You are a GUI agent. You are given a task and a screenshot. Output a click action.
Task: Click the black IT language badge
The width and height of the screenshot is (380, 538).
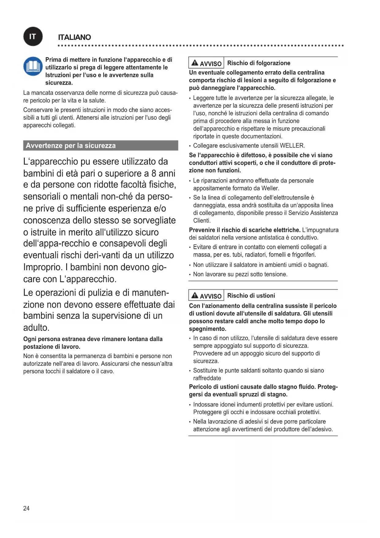coord(33,37)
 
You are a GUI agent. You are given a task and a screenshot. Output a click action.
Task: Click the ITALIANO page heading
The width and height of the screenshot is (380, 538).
coord(74,37)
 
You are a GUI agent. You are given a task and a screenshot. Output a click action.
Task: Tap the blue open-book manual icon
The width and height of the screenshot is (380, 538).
coord(33,66)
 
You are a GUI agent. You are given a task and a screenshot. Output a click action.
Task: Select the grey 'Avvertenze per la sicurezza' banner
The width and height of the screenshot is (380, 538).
coord(100,145)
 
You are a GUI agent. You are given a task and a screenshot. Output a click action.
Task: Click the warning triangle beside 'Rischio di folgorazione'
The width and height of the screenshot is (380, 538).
coord(195,63)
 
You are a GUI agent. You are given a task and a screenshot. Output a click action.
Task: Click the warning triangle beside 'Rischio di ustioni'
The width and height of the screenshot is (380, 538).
coord(195,295)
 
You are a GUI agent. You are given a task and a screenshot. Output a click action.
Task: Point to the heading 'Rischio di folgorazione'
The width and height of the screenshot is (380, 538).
coord(258,63)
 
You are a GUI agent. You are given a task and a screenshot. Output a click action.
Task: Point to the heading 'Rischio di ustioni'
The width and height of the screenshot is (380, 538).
coord(251,295)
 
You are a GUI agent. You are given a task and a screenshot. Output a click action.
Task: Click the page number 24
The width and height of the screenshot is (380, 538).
coord(26,508)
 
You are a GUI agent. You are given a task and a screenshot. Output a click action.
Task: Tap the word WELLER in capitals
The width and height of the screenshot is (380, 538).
coord(292,145)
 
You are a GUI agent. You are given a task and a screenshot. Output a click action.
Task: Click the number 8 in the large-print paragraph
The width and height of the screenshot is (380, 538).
coord(154,173)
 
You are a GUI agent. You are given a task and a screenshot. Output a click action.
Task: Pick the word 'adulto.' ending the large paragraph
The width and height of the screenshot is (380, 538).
coord(36,328)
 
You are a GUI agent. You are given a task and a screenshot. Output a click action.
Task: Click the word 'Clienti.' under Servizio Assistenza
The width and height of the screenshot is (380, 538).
coord(202,221)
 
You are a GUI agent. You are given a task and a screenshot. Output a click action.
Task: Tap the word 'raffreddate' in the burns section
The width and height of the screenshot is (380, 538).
coord(207,378)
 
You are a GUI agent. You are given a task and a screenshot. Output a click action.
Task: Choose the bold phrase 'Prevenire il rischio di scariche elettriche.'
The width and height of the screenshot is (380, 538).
coord(245,230)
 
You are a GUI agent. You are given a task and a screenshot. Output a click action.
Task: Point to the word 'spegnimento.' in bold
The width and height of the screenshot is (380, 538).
coord(207,329)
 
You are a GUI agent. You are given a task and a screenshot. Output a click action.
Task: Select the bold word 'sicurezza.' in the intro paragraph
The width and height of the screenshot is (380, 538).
coord(59,83)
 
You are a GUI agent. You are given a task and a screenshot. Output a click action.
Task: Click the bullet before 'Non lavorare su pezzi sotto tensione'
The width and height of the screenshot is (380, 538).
coord(190,275)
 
